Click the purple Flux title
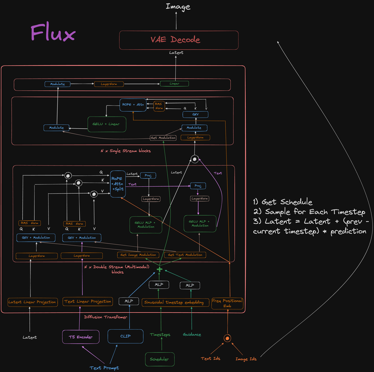pyautogui.click(x=53, y=33)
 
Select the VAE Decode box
pyautogui.click(x=179, y=40)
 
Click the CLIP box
pyautogui.click(x=125, y=337)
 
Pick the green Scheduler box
pyautogui.click(x=159, y=358)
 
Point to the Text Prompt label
pyautogui.click(x=104, y=368)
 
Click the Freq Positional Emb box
pyautogui.click(x=227, y=303)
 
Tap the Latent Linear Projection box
pyautogui.click(x=32, y=301)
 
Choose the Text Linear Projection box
pyautogui.click(x=88, y=301)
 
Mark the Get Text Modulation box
pyautogui.click(x=185, y=255)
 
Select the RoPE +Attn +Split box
pyautogui.click(x=117, y=184)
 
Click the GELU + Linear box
pyautogui.click(x=106, y=124)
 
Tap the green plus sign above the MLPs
pyautogui.click(x=159, y=270)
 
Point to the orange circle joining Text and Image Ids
pyautogui.click(x=226, y=338)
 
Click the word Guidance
pyautogui.click(x=192, y=335)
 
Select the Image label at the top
pyautogui.click(x=178, y=7)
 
